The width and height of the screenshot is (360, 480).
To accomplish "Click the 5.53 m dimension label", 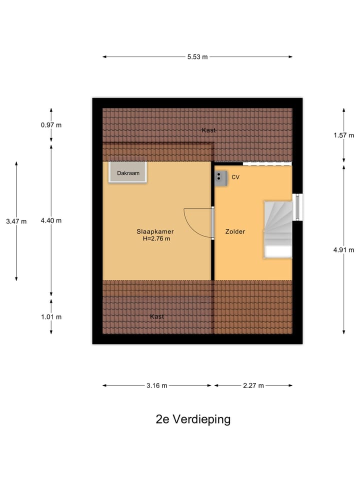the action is (197, 57).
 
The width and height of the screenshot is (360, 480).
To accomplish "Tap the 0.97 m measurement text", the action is (51, 125).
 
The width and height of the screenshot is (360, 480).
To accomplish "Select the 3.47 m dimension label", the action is (16, 221).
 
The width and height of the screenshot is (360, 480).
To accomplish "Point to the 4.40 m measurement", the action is (51, 220).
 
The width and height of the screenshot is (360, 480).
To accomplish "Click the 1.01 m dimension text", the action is (51, 317).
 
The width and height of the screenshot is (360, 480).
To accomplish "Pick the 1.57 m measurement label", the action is (344, 135).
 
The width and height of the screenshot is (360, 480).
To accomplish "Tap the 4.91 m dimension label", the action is (344, 250).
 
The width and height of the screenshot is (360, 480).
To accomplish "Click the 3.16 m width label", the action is (156, 385).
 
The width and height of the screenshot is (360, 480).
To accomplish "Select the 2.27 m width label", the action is (253, 385).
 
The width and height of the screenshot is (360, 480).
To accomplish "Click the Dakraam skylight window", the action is (128, 172).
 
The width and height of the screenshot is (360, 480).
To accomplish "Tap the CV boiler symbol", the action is (220, 178).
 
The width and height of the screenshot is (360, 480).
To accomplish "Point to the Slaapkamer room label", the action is (155, 231).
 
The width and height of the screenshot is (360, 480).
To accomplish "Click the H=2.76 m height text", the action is (156, 239).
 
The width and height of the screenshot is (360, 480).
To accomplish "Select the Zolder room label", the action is (235, 231).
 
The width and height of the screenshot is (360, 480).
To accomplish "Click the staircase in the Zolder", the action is (278, 229).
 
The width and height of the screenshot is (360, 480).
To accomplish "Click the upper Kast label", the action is (209, 130).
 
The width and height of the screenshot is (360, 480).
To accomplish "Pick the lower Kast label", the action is (156, 316).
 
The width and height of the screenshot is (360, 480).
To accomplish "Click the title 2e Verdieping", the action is (193, 419).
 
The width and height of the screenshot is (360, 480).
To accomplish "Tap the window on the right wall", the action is (297, 207).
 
